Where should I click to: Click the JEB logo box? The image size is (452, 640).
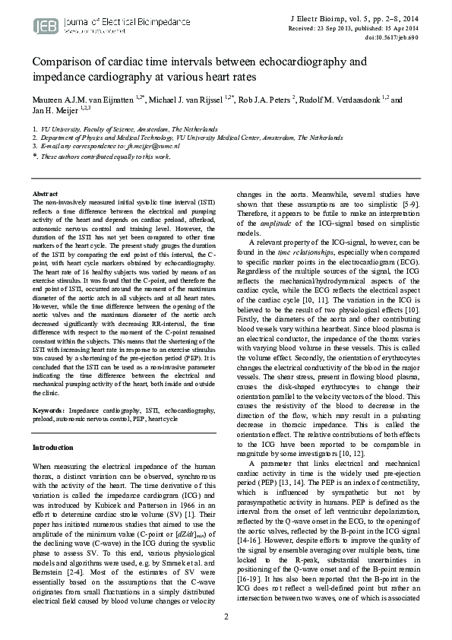tap(41, 26)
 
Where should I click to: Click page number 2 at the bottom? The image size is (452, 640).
tap(226, 616)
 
